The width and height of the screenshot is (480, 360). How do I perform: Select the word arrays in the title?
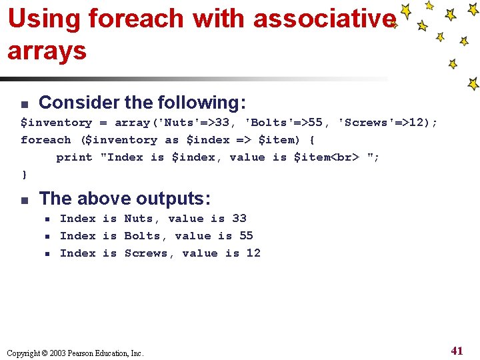point(47,51)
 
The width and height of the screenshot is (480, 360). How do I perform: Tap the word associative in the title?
point(324,19)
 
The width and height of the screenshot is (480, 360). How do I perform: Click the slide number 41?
point(457,351)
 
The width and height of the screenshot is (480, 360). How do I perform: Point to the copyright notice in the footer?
point(75,353)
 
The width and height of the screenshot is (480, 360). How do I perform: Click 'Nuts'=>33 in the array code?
point(195,123)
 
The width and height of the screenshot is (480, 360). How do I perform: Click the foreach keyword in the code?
point(45,140)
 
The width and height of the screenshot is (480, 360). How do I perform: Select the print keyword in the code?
point(74,157)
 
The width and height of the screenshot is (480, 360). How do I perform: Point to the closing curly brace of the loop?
point(25,175)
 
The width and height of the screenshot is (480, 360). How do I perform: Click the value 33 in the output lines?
point(239,219)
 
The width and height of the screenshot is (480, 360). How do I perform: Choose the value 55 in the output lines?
point(246,236)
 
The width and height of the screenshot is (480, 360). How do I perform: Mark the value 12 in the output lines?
point(253,253)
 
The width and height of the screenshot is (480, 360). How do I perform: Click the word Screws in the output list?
point(146,253)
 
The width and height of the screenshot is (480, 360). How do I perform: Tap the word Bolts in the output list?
point(142,236)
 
